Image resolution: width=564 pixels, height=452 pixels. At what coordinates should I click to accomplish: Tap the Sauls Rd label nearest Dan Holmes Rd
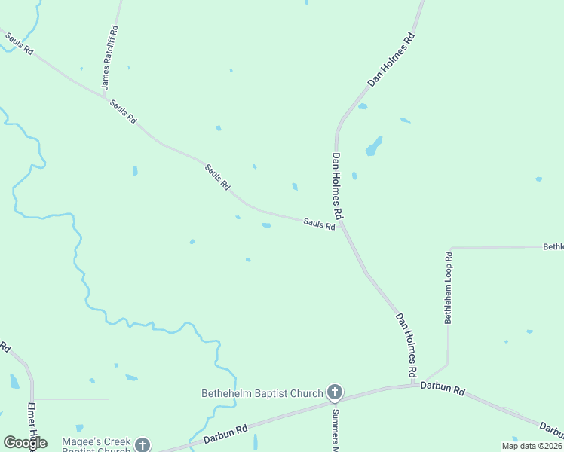tap(319, 224)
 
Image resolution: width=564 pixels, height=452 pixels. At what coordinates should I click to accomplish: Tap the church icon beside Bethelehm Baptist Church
tap(335, 392)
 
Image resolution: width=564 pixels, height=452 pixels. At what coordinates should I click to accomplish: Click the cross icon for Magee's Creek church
tap(142, 445)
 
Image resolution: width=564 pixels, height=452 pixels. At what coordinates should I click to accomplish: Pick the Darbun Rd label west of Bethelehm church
tap(225, 434)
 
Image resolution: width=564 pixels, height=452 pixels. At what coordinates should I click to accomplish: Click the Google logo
tap(25, 443)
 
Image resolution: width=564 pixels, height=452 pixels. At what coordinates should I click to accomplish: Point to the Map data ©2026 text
tap(532, 446)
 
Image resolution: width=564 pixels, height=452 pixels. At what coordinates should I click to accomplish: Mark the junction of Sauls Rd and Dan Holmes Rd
tap(341, 221)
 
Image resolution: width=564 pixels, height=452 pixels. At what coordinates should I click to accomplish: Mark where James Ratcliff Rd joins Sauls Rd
tap(103, 96)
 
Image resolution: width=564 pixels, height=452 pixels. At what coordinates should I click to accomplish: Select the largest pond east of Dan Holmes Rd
tap(374, 146)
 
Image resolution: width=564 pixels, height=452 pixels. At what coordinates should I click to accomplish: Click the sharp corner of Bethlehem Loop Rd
tap(450, 248)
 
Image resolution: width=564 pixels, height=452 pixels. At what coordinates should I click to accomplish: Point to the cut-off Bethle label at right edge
tap(553, 246)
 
